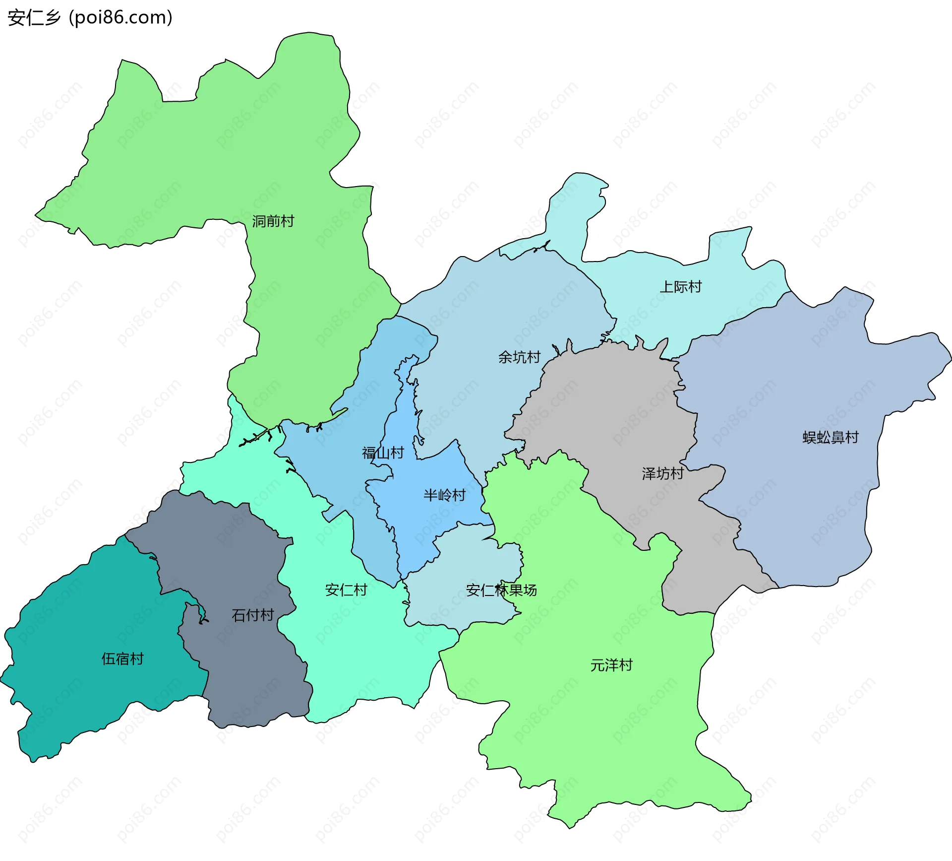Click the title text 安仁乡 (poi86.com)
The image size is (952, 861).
(90, 17)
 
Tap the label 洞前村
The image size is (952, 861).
(273, 221)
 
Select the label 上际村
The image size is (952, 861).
(680, 287)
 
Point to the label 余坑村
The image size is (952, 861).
(519, 357)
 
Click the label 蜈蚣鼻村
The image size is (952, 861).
(831, 437)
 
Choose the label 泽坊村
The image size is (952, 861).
(662, 473)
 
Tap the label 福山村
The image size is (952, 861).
(383, 453)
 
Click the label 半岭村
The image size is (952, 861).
(444, 495)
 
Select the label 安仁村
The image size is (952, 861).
(346, 590)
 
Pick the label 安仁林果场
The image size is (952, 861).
(501, 590)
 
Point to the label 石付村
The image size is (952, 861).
(253, 615)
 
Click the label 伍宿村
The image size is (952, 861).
(122, 659)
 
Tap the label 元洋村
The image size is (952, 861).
(611, 665)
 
